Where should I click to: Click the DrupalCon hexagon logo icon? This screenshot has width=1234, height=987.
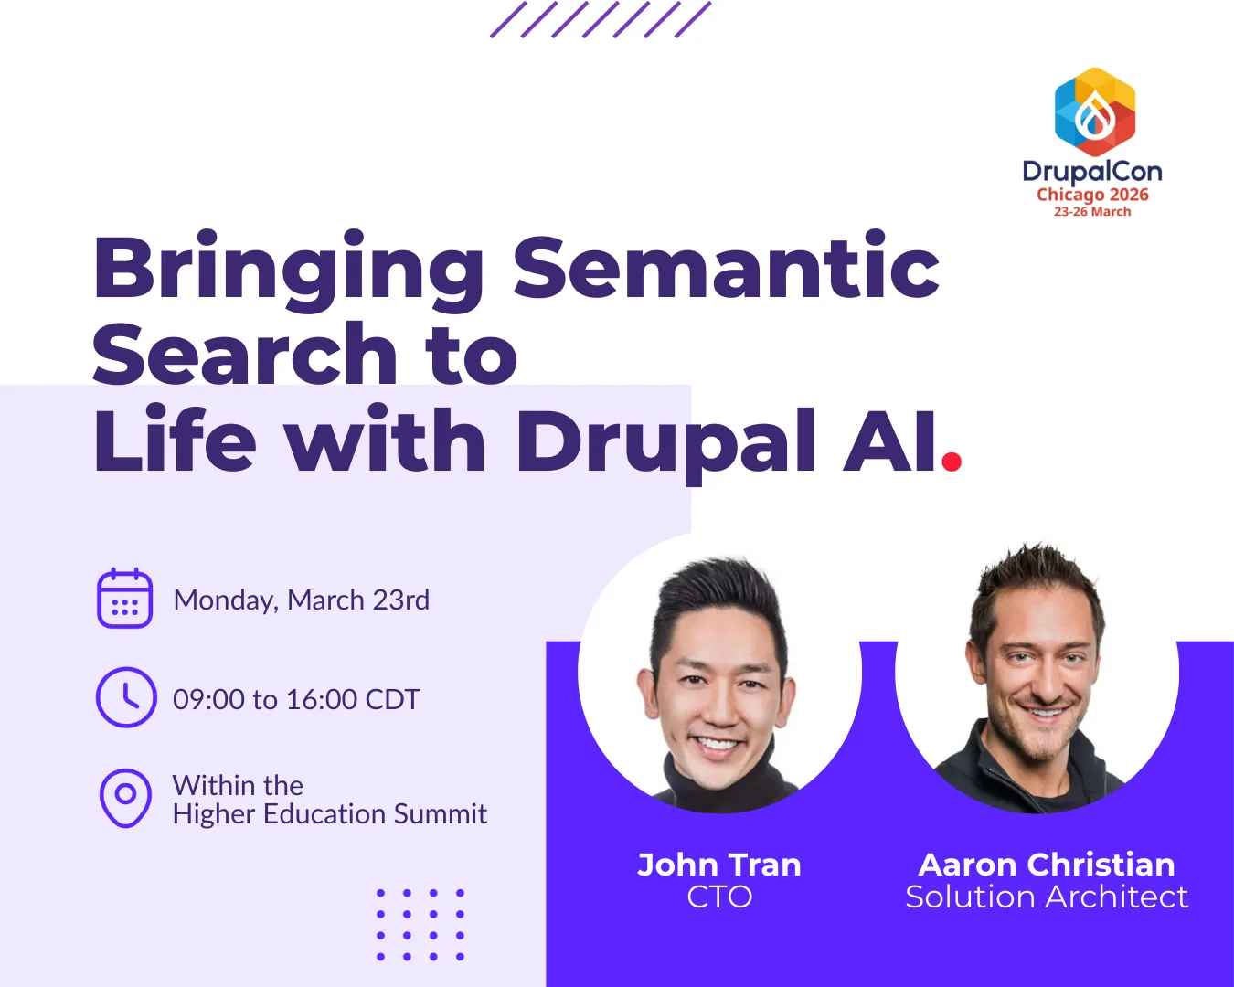[1095, 111]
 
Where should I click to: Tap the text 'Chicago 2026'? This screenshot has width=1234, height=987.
[1092, 195]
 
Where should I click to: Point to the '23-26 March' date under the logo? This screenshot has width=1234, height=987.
[1092, 212]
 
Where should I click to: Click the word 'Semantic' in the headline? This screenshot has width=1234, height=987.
[726, 267]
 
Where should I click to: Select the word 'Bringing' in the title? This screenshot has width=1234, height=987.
[288, 271]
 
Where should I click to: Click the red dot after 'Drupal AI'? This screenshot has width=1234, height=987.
[952, 462]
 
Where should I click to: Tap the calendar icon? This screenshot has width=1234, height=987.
[125, 599]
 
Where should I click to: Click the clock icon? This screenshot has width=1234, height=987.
[126, 697]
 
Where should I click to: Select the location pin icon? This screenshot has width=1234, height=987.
[125, 799]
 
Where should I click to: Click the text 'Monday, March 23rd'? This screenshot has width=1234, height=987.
[301, 600]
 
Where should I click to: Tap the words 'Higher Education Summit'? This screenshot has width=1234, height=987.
[330, 813]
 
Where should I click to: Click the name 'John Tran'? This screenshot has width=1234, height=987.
[719, 865]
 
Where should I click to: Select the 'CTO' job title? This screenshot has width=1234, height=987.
[719, 897]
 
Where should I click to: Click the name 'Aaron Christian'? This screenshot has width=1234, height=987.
[1047, 865]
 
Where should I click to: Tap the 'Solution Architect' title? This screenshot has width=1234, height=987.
[1047, 897]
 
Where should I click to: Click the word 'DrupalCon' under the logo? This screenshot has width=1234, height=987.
[1092, 172]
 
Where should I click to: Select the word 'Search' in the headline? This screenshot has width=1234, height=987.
[245, 354]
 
